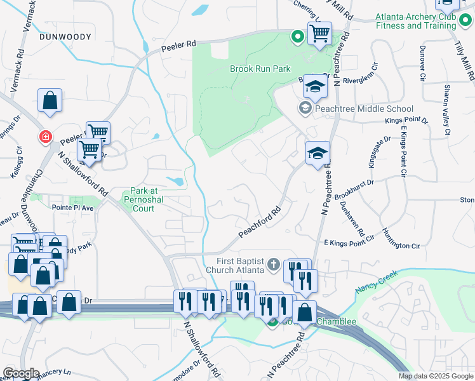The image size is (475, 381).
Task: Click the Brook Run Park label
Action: [260, 69]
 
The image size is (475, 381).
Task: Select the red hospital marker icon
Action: [45, 137]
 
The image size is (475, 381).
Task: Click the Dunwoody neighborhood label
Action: [65, 37]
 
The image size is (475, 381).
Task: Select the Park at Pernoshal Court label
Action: [151, 199]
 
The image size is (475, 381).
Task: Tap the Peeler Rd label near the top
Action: [179, 45]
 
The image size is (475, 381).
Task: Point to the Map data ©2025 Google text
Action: [436, 376]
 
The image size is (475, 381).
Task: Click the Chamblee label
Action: [337, 321]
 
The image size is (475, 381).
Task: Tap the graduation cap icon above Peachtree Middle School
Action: [314, 86]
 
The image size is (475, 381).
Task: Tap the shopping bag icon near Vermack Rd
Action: [50, 100]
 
